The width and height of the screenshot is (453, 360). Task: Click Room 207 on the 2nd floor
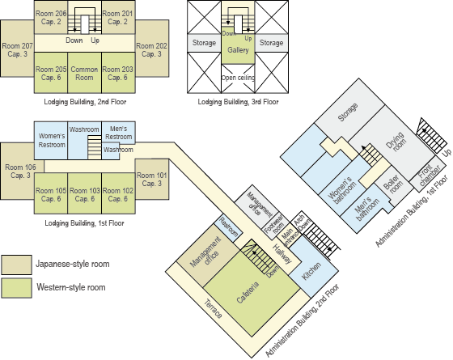coord(17,49)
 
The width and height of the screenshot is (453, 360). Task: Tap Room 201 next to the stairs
coord(118,17)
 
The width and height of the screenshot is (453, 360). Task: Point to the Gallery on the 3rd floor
coord(238,51)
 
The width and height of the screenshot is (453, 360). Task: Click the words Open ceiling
coord(238,78)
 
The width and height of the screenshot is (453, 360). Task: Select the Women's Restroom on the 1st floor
coord(50,140)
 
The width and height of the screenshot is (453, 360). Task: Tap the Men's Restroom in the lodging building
coord(118,133)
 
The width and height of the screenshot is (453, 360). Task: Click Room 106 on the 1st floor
coord(17,171)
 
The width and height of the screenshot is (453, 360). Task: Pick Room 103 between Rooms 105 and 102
coord(83,195)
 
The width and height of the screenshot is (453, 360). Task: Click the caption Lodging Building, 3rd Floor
coord(238,103)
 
